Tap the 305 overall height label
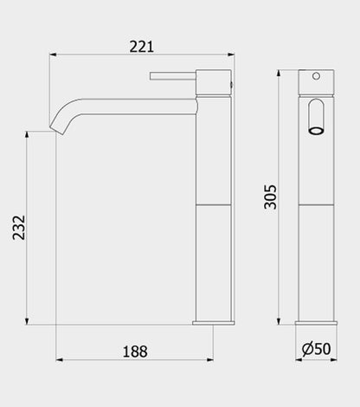(270, 198)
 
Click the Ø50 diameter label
(316, 350)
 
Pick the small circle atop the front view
(317, 77)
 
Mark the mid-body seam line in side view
(214, 204)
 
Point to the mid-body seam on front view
(317, 204)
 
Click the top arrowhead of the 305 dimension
(280, 72)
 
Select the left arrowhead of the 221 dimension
(49, 55)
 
